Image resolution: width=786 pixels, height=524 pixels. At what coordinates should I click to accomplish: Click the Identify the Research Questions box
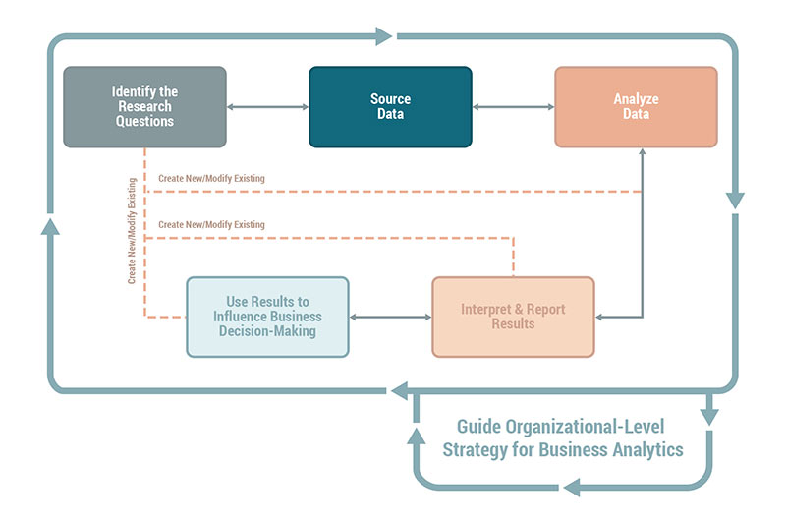tap(144, 106)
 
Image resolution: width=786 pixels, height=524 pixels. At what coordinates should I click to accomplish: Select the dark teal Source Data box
tap(390, 106)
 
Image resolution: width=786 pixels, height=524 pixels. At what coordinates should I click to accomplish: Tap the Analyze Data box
tap(636, 106)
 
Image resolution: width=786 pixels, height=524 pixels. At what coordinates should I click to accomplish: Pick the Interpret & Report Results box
tap(513, 317)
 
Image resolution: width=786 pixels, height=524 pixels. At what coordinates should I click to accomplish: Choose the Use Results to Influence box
tap(267, 317)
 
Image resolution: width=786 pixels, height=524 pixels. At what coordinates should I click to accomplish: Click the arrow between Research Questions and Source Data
tap(267, 106)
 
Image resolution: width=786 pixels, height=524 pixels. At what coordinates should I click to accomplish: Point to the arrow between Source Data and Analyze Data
tap(513, 106)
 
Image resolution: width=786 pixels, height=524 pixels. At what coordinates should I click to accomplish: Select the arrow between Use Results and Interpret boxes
tap(390, 317)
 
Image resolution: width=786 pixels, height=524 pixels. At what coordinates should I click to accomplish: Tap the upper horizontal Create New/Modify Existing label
tap(211, 178)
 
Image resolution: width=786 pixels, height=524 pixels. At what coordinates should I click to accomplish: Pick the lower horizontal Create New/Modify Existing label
tap(211, 225)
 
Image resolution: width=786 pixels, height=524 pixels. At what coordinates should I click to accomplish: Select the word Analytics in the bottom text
tap(649, 450)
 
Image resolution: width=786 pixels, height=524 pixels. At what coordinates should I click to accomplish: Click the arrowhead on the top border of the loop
tap(382, 37)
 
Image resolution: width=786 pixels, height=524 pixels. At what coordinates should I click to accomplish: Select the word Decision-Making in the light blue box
tap(267, 331)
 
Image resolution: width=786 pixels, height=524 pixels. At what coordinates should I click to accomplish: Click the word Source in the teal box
tap(390, 99)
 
